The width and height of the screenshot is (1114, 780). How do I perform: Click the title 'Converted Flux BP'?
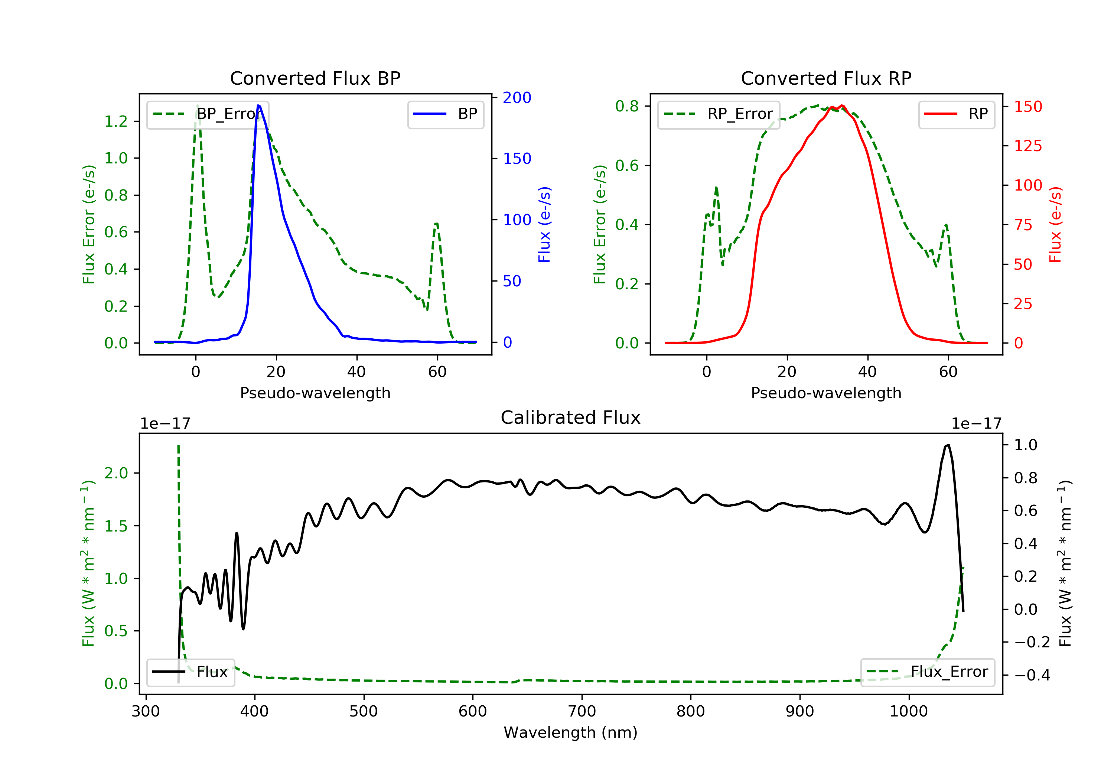click(315, 78)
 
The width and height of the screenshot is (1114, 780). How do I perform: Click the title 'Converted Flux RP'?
click(826, 78)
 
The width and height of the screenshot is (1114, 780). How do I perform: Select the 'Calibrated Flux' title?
click(571, 417)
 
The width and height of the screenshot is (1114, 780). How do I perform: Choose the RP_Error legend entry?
click(719, 114)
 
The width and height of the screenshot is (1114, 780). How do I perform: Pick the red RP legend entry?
click(956, 114)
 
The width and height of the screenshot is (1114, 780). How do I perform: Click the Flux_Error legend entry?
click(927, 672)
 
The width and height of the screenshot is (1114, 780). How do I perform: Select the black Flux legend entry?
click(190, 672)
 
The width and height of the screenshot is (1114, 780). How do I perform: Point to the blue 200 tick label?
click(517, 98)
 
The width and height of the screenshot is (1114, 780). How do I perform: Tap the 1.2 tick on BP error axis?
click(116, 121)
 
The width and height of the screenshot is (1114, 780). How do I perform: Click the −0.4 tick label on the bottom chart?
click(1032, 675)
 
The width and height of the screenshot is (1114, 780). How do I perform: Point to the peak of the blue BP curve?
click(258, 105)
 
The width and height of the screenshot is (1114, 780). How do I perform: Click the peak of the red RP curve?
click(842, 106)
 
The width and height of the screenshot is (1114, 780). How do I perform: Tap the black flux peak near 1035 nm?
click(948, 445)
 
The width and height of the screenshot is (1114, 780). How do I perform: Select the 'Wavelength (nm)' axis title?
click(571, 732)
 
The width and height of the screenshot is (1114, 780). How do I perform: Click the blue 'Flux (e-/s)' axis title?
click(544, 224)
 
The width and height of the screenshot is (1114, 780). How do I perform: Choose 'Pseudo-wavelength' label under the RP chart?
click(826, 393)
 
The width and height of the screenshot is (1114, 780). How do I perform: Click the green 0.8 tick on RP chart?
click(627, 106)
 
